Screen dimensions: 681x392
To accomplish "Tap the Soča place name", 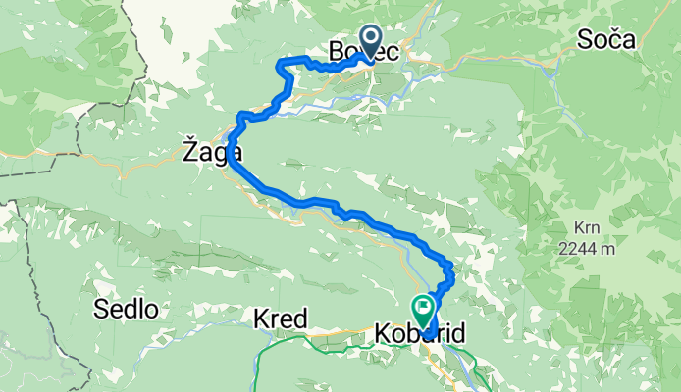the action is (607, 39).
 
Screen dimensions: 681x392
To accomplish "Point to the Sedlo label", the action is (127, 310).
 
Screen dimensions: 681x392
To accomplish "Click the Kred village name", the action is (281, 319).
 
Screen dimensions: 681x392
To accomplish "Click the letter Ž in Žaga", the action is (189, 152).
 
